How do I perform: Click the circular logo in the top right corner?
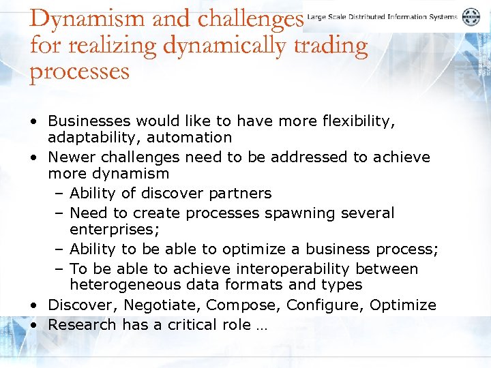tap(471, 17)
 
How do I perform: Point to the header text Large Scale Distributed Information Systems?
tap(382, 17)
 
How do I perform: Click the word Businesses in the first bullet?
tap(89, 121)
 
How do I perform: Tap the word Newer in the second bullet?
tap(70, 157)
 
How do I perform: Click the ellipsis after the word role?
tap(263, 327)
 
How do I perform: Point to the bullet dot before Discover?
tap(33, 305)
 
